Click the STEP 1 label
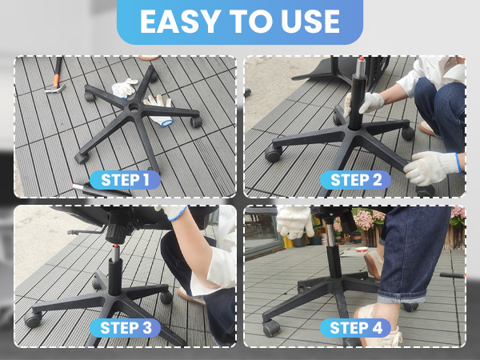[126, 180]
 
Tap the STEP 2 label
[355, 180]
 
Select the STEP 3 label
[126, 327]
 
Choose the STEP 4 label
[355, 327]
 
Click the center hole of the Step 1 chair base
[134, 107]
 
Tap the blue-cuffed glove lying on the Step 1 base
[160, 110]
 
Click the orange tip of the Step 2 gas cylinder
[362, 58]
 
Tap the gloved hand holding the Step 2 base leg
[432, 168]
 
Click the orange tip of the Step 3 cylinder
[115, 246]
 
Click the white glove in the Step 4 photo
[294, 221]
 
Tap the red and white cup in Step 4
[362, 250]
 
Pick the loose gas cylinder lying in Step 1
[101, 190]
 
